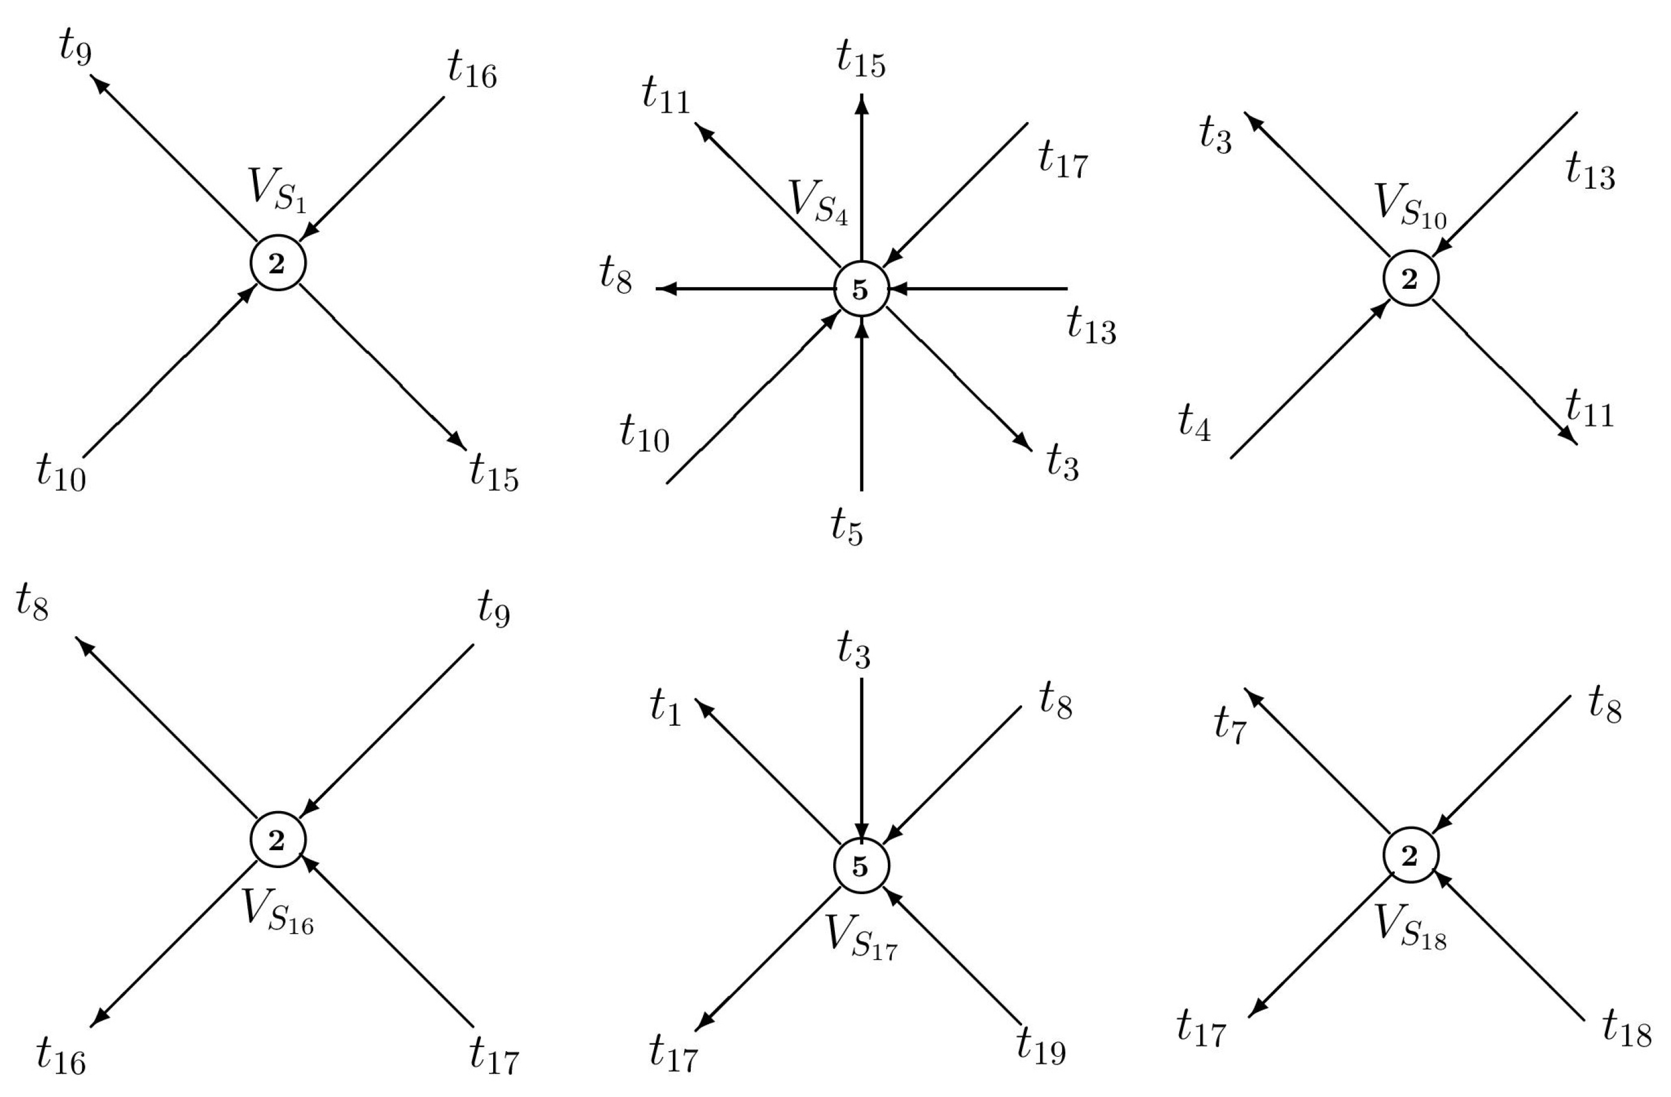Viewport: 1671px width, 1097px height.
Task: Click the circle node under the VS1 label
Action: [x=278, y=263]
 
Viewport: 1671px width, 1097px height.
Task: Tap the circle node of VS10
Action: [x=1411, y=279]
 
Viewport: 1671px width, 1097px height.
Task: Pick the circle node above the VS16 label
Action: [x=278, y=840]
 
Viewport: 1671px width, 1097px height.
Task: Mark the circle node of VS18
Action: [x=1411, y=855]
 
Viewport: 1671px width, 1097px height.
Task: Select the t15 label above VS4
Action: [x=861, y=60]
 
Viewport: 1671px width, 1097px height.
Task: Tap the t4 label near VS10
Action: [x=1194, y=423]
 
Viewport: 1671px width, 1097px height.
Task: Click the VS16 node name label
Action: [x=278, y=913]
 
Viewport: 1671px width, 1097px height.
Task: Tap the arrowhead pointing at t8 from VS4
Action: [x=664, y=288]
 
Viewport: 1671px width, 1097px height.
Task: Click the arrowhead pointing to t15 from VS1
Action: [x=458, y=439]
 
